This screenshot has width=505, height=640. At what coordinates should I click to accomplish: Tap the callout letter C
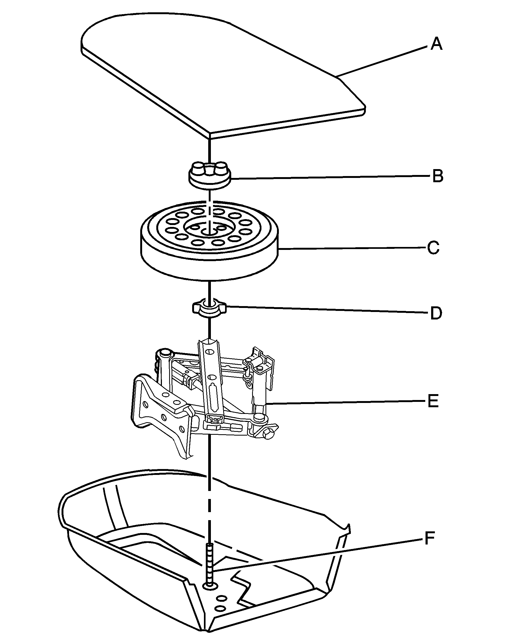[x=434, y=248]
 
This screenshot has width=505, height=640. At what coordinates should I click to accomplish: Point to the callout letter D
[x=436, y=313]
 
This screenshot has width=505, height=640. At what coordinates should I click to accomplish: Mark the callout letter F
[x=429, y=538]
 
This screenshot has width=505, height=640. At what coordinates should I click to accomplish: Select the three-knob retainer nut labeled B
[x=210, y=176]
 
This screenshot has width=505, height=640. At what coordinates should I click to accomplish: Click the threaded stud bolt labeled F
[x=209, y=562]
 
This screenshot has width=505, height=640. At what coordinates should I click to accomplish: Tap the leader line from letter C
[x=352, y=248]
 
